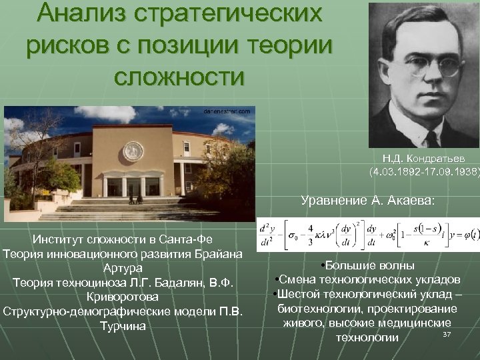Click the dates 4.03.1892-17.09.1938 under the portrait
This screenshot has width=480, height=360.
pyautogui.click(x=425, y=171)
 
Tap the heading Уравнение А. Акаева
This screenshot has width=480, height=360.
pyautogui.click(x=367, y=200)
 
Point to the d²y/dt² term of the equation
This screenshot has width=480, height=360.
pyautogui.click(x=269, y=236)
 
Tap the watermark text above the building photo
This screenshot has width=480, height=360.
pyautogui.click(x=227, y=111)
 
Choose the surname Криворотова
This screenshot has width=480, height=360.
pyautogui.click(x=123, y=297)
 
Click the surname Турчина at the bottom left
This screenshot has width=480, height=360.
pyautogui.click(x=122, y=325)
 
